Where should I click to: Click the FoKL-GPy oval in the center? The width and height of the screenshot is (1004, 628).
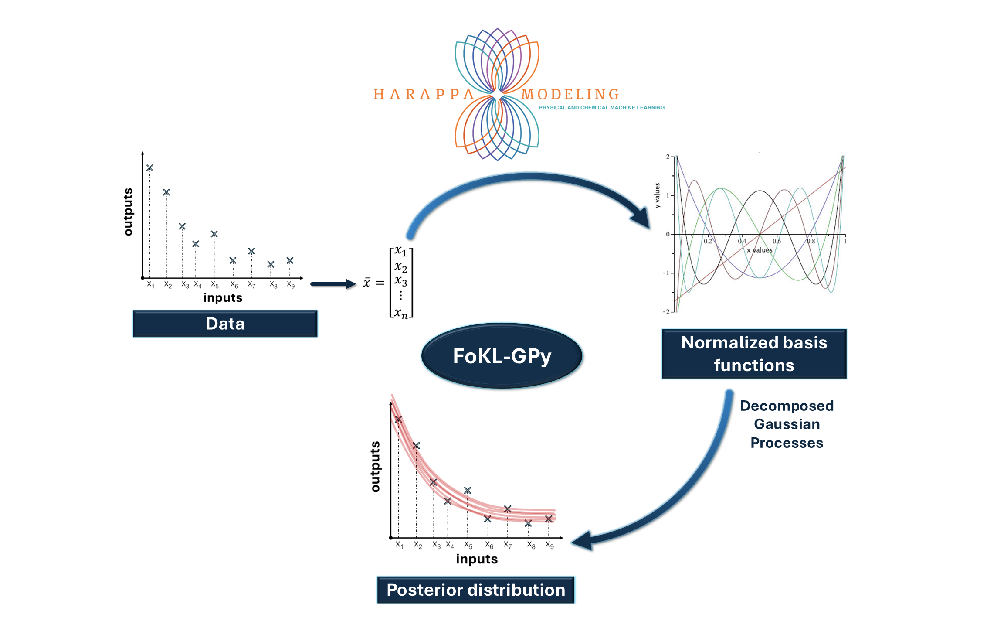[502, 356]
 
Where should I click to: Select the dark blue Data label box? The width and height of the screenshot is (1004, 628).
[225, 324]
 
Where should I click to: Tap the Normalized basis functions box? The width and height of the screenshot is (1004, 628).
[754, 354]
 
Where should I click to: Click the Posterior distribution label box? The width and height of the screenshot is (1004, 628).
[475, 590]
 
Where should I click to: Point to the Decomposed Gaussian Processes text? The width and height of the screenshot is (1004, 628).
[787, 424]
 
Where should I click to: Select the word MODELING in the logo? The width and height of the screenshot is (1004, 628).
[570, 94]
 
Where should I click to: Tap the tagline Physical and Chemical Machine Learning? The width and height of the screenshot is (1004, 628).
[601, 108]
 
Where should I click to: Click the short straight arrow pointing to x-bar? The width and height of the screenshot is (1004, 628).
[333, 284]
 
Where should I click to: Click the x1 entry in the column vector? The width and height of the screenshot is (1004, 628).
[400, 252]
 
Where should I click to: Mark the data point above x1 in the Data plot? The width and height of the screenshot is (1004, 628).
[150, 168]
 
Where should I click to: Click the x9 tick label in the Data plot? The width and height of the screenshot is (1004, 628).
[291, 285]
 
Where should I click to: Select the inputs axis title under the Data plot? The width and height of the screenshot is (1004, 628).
[223, 298]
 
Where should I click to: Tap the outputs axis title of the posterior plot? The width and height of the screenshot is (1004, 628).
[375, 466]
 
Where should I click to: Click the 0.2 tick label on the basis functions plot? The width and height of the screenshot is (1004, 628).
[708, 241]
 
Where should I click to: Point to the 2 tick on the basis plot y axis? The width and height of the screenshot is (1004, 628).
[668, 157]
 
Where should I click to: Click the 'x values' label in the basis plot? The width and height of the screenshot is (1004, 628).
[760, 250]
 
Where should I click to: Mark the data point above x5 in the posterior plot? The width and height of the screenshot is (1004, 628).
[468, 491]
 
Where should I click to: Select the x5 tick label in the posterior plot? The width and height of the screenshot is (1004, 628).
[468, 545]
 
